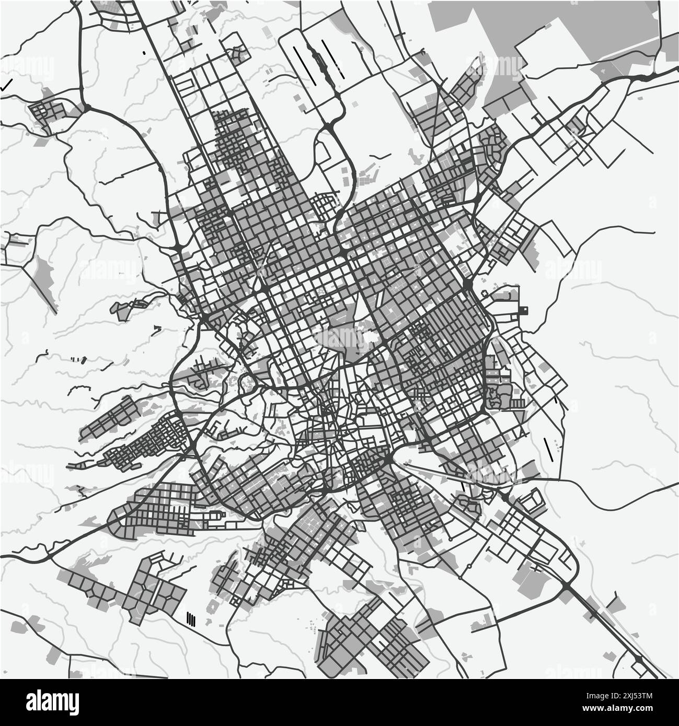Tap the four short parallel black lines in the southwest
(x=191, y=620)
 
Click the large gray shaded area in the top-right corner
(x=544, y=31)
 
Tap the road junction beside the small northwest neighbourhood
(x=86, y=107)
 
